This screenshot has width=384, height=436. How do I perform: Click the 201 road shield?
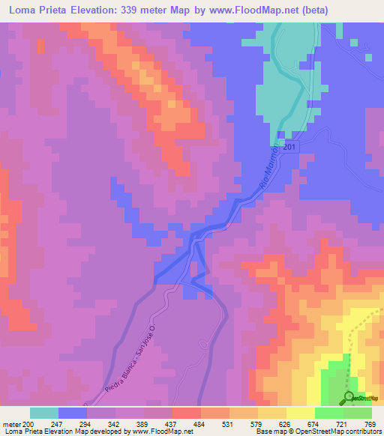(x=291, y=147)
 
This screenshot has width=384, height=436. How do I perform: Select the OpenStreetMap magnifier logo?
(x=349, y=397)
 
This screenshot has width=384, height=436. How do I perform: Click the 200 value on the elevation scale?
(x=30, y=424)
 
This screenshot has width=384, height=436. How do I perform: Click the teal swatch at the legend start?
(x=44, y=413)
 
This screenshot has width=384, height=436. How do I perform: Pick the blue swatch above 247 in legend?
(x=73, y=413)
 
